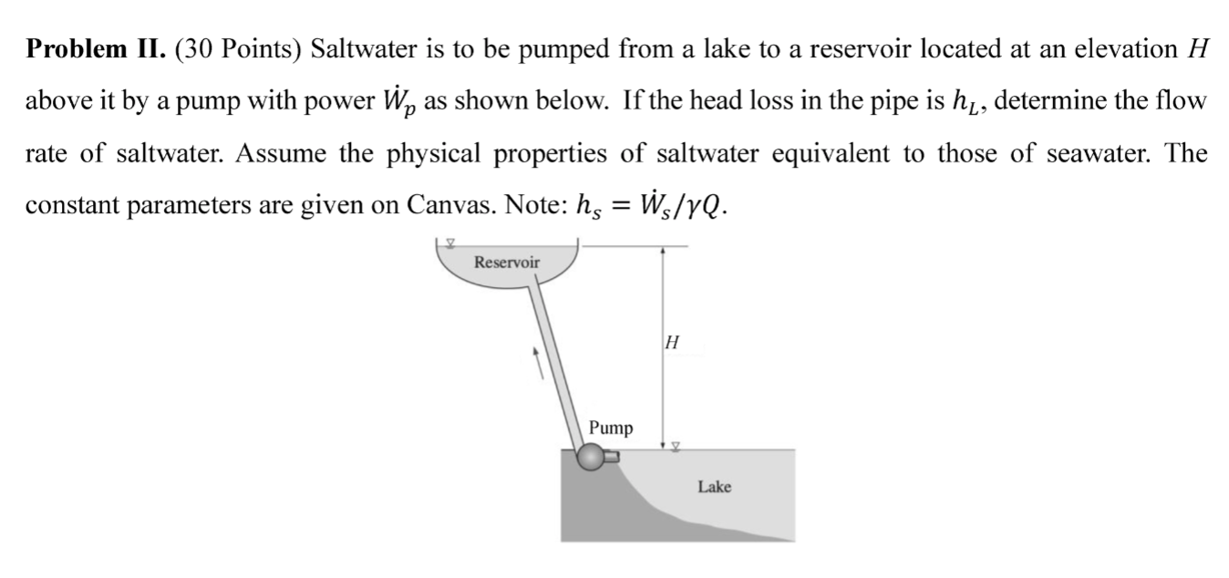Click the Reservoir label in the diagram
point(507,263)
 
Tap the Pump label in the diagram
point(611,428)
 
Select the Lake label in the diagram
point(714,487)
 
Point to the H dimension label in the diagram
point(673,344)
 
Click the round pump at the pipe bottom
point(592,456)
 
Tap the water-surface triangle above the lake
point(675,446)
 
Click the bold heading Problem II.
point(94,49)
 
